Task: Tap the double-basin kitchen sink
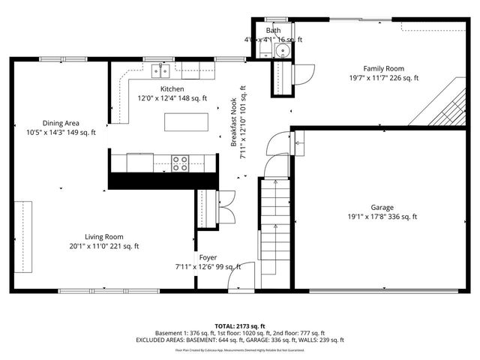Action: (x=161, y=71)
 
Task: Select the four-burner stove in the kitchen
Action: (x=180, y=163)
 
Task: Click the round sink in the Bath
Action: (x=283, y=50)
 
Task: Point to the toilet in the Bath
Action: (x=265, y=49)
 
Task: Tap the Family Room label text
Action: (x=384, y=67)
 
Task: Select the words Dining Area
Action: (x=61, y=123)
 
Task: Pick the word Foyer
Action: (x=208, y=257)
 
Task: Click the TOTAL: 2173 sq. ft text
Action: (x=240, y=326)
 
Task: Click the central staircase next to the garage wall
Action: (x=274, y=225)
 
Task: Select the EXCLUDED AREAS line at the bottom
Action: (x=240, y=340)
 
